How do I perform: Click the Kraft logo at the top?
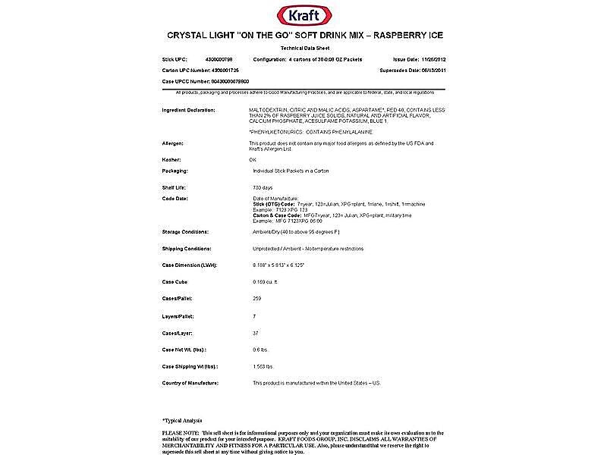(303, 14)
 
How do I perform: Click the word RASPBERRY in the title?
(394, 35)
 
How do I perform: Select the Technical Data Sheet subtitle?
(303, 47)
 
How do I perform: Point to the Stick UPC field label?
(175, 58)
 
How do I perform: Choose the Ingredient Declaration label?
(189, 110)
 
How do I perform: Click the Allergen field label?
(174, 143)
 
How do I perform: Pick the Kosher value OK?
(253, 160)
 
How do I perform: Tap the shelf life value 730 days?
(262, 187)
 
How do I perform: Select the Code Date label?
(176, 198)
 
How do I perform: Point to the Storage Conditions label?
(186, 231)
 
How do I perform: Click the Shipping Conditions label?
(187, 248)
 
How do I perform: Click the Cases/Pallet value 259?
(256, 298)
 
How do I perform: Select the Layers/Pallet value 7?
(253, 315)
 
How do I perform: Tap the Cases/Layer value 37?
(255, 331)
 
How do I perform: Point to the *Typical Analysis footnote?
(182, 419)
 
